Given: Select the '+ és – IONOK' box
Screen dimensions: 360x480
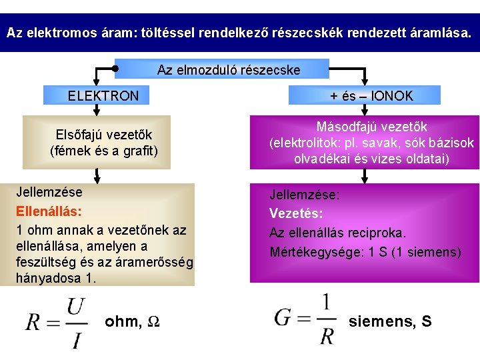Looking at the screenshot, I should [x=371, y=96].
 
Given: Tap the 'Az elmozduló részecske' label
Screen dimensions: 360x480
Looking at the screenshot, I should [x=229, y=69].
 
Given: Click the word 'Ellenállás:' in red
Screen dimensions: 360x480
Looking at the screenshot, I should [x=49, y=211].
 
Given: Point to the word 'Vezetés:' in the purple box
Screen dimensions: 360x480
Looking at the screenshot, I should [x=296, y=213].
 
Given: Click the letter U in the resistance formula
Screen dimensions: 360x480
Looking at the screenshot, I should [x=75, y=307].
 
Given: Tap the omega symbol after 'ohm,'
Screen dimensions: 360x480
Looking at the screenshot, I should [x=152, y=322].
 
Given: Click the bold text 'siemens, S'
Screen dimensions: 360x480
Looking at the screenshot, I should [x=390, y=321].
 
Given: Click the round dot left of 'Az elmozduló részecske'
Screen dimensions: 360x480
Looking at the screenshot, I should [x=115, y=68].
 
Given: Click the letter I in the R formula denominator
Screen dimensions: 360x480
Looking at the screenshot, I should [x=77, y=341].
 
